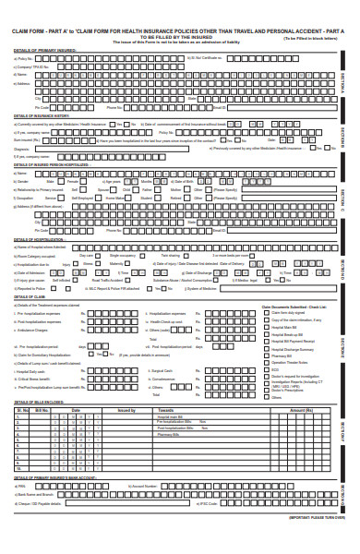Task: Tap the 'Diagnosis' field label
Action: (24, 149)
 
